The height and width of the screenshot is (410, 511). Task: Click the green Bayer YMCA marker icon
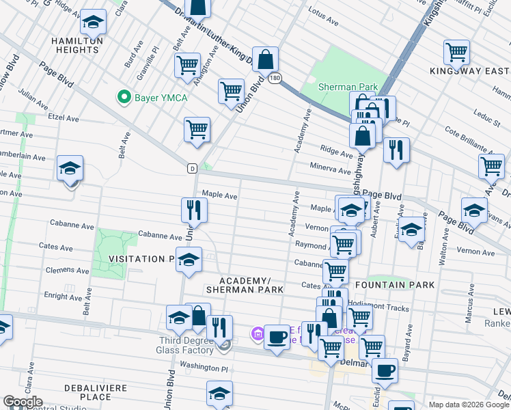click(x=124, y=97)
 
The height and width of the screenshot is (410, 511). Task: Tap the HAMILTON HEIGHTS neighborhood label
click(x=77, y=45)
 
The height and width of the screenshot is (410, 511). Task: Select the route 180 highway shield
click(x=275, y=79)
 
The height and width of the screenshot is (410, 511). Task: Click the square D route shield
click(x=192, y=167)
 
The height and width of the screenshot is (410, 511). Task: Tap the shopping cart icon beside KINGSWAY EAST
click(x=456, y=52)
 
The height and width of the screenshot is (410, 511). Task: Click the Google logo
click(x=23, y=402)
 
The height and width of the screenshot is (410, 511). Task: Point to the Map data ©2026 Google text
click(x=469, y=405)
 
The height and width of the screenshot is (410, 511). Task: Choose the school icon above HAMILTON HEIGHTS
click(x=94, y=24)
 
